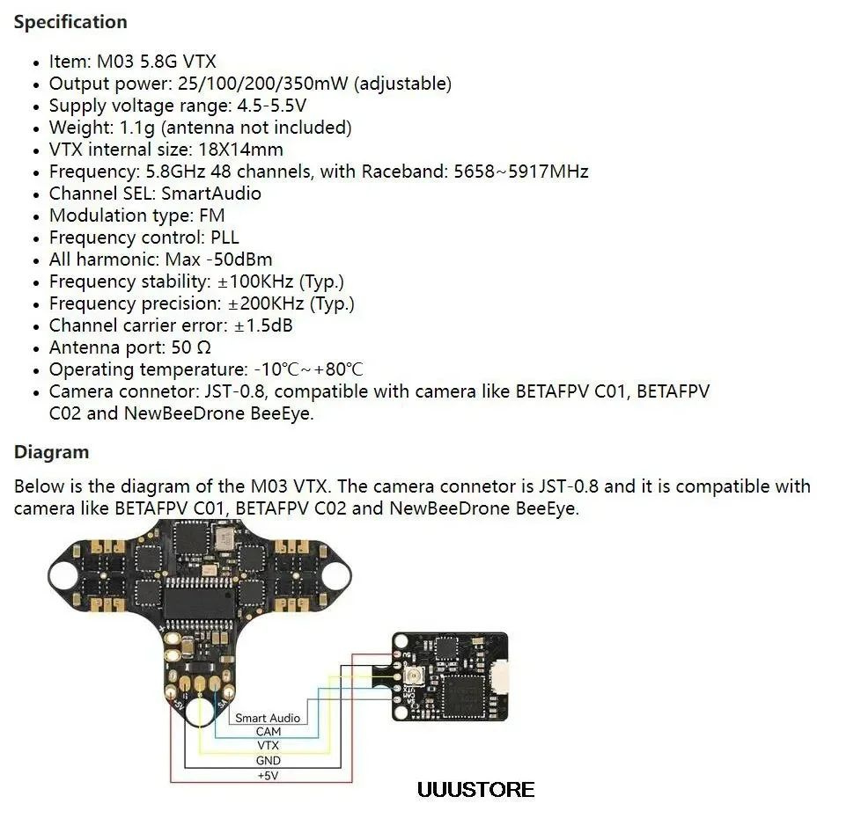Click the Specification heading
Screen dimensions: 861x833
tap(70, 22)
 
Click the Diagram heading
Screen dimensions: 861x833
tap(51, 452)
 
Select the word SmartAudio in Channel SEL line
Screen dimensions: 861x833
tap(211, 194)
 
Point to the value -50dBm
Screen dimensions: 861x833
tap(239, 259)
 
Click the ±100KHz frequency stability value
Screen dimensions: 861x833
tap(255, 281)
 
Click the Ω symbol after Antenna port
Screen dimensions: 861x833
tap(203, 347)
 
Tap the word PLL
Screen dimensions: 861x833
tap(224, 237)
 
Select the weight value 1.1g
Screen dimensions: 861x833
tap(137, 128)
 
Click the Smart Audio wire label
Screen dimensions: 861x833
tap(268, 718)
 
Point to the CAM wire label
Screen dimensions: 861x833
tap(268, 732)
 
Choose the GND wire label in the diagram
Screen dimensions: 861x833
tap(268, 761)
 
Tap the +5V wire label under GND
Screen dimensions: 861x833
tap(268, 775)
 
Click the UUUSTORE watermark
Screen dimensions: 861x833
tap(475, 790)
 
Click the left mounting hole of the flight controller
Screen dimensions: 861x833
tap(63, 574)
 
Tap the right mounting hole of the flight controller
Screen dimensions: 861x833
tap(335, 575)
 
